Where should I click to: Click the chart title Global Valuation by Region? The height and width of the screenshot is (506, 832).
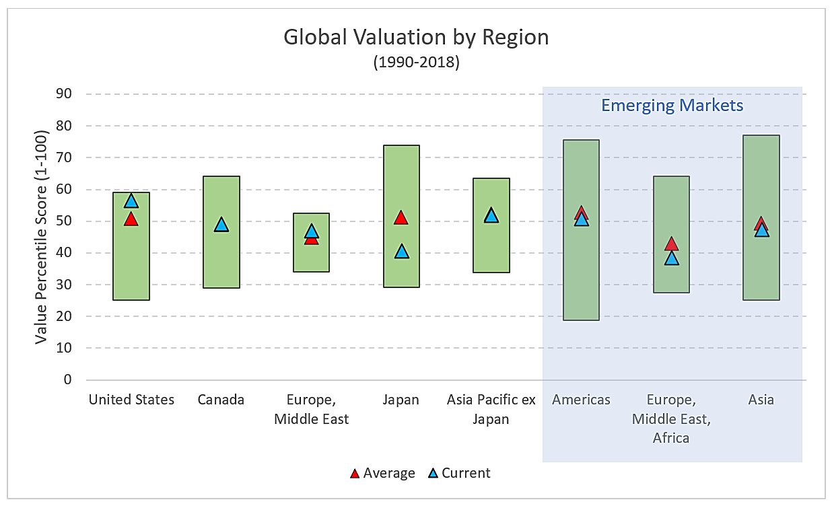coord(416,37)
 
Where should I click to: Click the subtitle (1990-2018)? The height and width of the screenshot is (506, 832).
coord(416,63)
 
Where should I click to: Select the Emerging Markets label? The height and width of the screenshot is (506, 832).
coord(672,106)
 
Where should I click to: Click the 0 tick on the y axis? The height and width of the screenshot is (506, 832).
coord(67,379)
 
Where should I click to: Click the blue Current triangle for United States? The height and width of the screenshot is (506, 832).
coord(131,201)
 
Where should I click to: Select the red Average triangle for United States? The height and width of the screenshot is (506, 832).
coord(131,219)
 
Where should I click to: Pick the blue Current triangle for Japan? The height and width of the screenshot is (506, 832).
coord(402,252)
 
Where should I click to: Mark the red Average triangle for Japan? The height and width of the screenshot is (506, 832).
coord(402,217)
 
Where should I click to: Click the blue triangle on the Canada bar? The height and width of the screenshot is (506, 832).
coord(221,225)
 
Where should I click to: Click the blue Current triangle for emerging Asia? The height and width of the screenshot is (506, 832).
coord(762,231)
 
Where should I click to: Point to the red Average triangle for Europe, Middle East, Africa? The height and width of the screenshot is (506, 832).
coord(672,244)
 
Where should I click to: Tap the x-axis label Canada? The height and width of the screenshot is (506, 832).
coord(221,400)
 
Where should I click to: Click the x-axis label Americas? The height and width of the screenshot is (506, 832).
coord(582,400)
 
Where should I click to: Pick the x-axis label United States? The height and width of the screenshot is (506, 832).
coord(131,400)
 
